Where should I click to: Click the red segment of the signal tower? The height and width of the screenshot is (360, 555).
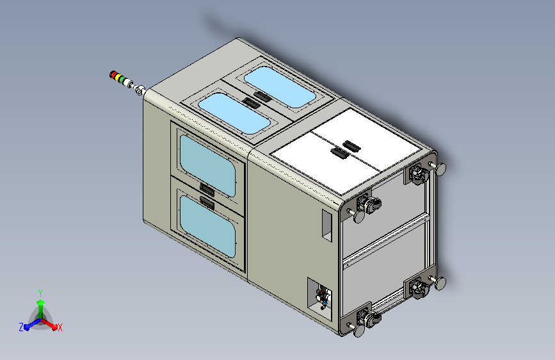point(114,75)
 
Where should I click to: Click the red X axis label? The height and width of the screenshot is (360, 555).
point(60,328)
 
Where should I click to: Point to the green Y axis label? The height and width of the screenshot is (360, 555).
point(40,291)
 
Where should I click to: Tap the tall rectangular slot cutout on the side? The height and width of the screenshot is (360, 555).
point(326,225)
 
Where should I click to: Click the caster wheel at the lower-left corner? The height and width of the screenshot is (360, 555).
point(366,316)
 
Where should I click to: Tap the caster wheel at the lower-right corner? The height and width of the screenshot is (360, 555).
point(419,287)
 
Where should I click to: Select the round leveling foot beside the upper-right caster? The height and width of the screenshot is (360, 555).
point(440,168)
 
